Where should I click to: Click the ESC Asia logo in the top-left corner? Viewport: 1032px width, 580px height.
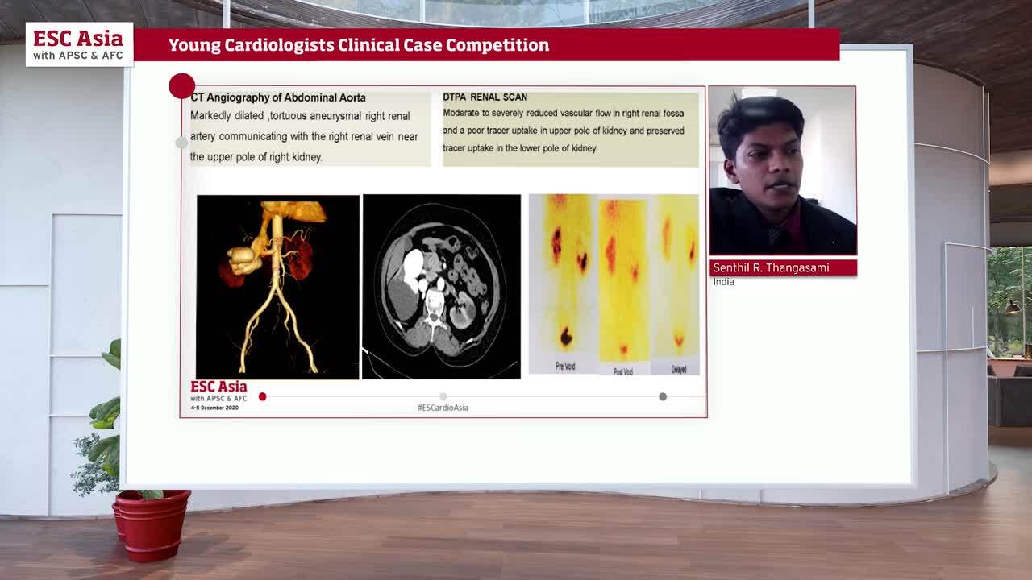[78, 44]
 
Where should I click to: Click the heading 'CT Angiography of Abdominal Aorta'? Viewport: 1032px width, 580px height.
[278, 97]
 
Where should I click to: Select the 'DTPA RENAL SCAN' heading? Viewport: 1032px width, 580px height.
[485, 97]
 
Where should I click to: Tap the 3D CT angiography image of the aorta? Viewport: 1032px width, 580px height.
[277, 286]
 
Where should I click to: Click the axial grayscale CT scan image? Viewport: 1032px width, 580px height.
[441, 286]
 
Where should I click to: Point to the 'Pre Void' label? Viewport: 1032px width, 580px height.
[565, 367]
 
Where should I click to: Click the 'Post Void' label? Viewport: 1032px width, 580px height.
[622, 371]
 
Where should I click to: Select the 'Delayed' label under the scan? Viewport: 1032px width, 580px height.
[679, 370]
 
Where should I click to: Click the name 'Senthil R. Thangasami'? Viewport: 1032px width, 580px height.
[771, 267]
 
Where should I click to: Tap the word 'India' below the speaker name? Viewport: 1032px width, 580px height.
[723, 282]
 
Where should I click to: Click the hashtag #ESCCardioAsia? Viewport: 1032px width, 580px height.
[443, 408]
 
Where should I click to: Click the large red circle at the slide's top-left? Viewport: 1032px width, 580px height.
[182, 86]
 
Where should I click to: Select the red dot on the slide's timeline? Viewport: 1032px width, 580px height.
[262, 396]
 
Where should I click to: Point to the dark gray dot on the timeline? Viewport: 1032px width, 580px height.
[663, 396]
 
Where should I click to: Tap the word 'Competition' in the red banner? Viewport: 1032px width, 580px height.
[497, 45]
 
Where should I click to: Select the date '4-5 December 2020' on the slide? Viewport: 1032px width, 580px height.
[214, 408]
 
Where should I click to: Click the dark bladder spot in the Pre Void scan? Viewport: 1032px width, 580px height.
[566, 336]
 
